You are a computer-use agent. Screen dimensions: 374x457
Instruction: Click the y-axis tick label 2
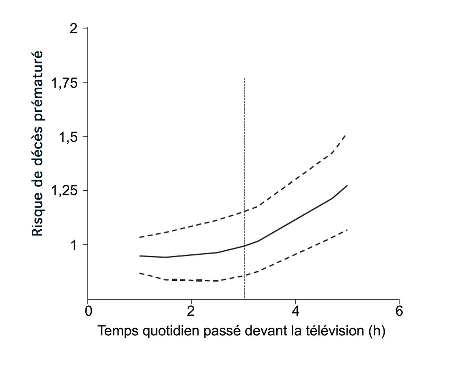(74, 29)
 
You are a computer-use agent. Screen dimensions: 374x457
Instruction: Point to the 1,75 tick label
(65, 83)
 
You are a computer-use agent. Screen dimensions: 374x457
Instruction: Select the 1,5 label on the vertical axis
(68, 137)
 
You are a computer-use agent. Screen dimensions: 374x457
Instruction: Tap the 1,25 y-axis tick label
(65, 191)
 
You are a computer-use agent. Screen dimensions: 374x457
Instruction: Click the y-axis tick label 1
(74, 245)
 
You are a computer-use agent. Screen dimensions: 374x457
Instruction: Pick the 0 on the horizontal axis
(88, 311)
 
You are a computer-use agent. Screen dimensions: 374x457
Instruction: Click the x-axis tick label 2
(191, 311)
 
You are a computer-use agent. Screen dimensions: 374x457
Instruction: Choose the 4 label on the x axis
(295, 311)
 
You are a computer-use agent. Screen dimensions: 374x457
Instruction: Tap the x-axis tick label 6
(399, 311)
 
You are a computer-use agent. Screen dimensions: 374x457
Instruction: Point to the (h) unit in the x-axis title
(376, 331)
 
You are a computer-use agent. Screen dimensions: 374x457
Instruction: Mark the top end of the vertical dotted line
(245, 78)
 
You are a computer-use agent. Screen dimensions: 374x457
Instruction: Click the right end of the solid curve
(347, 185)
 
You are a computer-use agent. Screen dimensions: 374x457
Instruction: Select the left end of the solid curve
(140, 256)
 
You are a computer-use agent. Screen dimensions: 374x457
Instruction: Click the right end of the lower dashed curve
(347, 229)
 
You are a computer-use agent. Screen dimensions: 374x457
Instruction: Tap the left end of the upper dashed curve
(140, 237)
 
